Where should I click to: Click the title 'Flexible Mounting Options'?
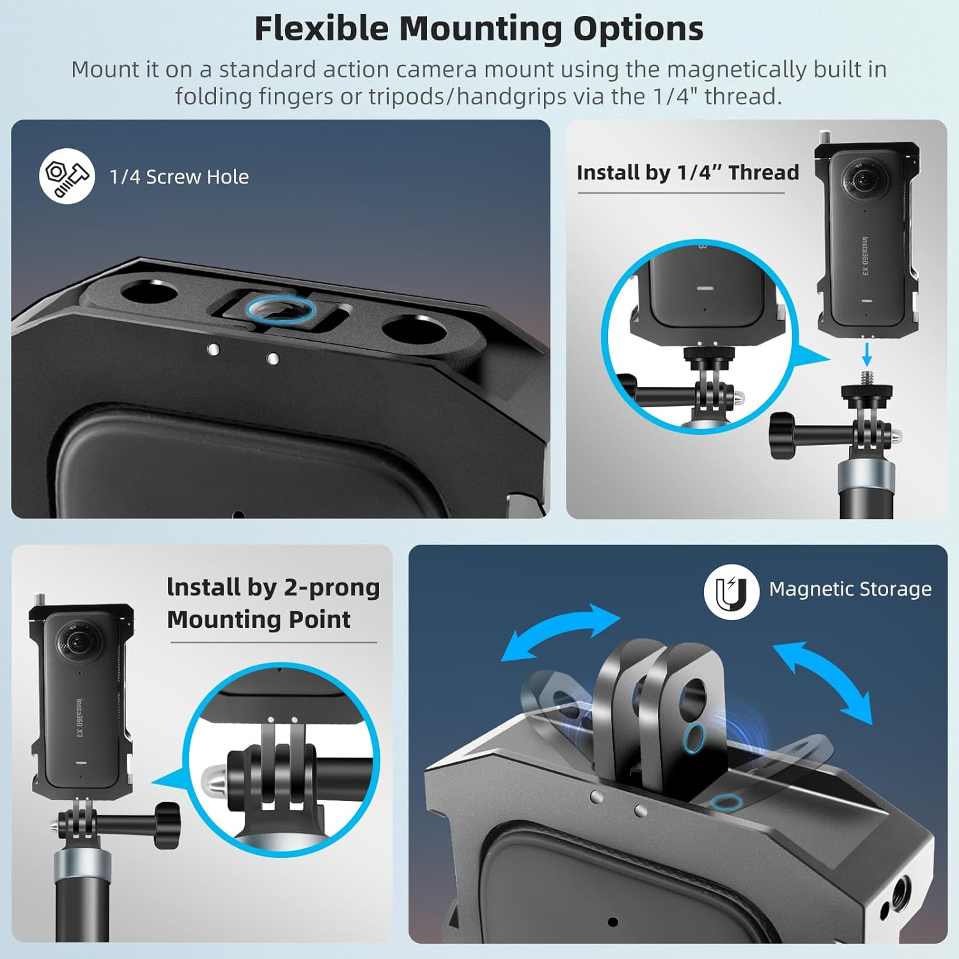coord(479,29)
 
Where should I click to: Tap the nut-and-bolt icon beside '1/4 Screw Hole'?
coord(66,176)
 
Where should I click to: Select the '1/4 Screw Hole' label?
coord(179,177)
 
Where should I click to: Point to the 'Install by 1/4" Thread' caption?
coord(687,173)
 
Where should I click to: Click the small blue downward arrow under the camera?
coord(866,353)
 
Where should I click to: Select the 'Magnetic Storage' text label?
coord(850,589)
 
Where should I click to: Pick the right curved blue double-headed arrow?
coord(823,683)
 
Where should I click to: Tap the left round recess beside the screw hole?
coord(149,293)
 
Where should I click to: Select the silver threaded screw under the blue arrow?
coord(867,377)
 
